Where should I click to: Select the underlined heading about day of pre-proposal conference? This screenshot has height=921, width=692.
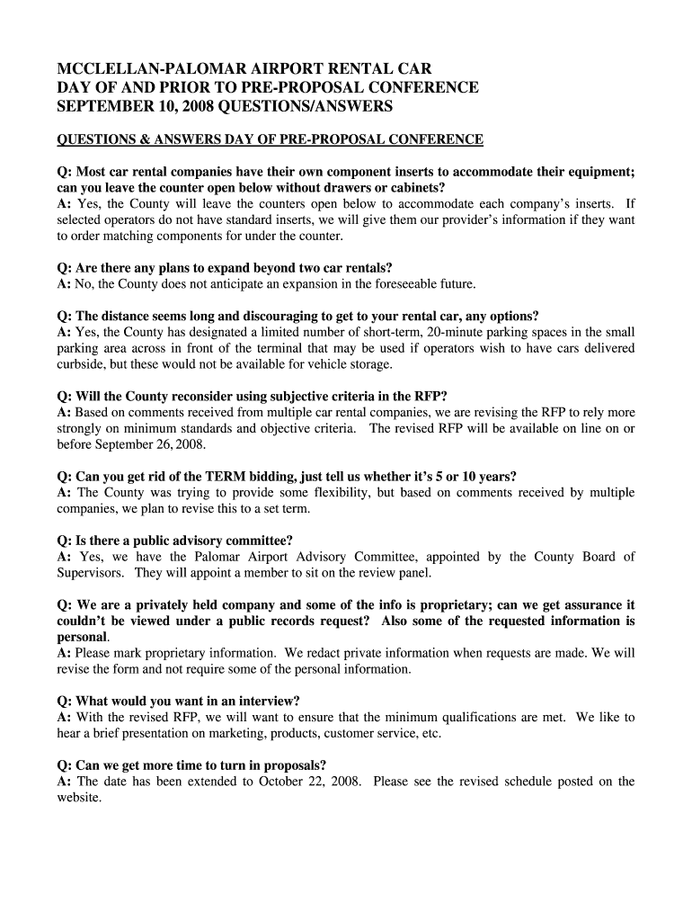click(270, 139)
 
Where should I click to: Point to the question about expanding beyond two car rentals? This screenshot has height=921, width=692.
click(225, 268)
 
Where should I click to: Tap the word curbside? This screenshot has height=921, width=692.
click(83, 364)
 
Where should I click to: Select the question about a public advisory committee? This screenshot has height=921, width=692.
click(175, 541)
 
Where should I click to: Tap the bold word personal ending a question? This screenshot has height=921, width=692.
click(82, 637)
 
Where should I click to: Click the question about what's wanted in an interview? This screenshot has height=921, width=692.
click(179, 701)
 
